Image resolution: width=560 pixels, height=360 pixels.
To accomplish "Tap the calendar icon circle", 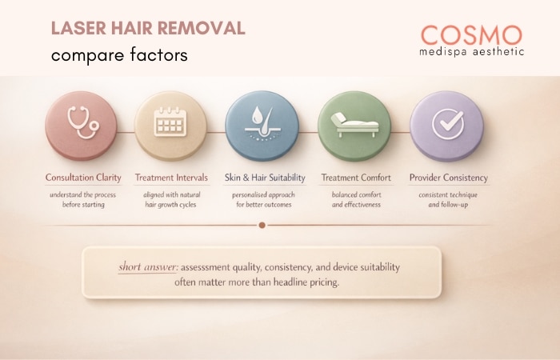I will (x=170, y=125).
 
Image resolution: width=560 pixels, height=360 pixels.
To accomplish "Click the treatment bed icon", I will (x=354, y=125).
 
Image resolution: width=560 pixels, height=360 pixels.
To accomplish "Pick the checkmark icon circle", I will (x=446, y=125).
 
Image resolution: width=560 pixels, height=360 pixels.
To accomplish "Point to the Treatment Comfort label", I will (x=354, y=177).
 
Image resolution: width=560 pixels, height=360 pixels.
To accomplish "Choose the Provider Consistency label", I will (x=448, y=177).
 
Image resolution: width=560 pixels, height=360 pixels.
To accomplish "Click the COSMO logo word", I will (x=471, y=35).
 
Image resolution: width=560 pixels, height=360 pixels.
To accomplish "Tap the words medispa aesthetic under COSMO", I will (x=472, y=52).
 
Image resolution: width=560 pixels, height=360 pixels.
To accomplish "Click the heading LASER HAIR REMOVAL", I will (x=148, y=29).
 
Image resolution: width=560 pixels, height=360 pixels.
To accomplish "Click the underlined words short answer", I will (x=148, y=266).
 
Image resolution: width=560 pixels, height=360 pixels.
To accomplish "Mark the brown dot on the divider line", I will (x=262, y=225).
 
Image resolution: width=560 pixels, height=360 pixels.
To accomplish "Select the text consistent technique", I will (x=448, y=194).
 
